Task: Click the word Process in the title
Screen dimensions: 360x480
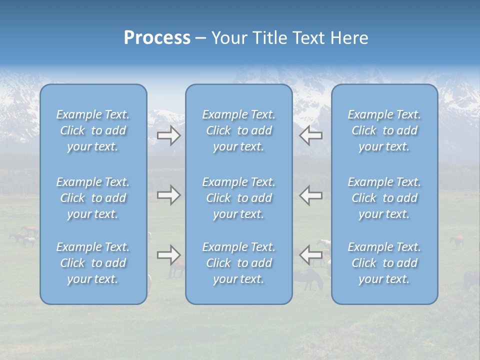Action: click(157, 38)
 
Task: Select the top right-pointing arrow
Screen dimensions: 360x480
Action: click(169, 135)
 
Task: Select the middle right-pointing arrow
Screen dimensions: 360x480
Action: click(169, 195)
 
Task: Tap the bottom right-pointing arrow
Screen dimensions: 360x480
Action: click(169, 255)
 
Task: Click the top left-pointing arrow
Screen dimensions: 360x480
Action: click(311, 135)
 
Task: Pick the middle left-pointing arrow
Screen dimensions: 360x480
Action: click(311, 195)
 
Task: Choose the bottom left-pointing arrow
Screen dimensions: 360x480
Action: click(311, 255)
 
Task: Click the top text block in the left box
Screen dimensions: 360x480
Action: click(93, 130)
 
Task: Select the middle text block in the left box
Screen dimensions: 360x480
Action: click(93, 198)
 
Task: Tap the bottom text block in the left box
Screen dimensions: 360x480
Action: click(93, 263)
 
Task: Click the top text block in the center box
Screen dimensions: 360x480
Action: click(238, 130)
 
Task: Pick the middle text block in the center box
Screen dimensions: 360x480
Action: click(238, 198)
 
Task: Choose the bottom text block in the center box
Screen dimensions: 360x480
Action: click(238, 263)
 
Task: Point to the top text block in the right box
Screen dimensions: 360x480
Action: click(384, 130)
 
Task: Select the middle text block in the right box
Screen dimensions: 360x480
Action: click(384, 198)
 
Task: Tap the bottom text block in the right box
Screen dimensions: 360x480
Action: click(384, 263)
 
